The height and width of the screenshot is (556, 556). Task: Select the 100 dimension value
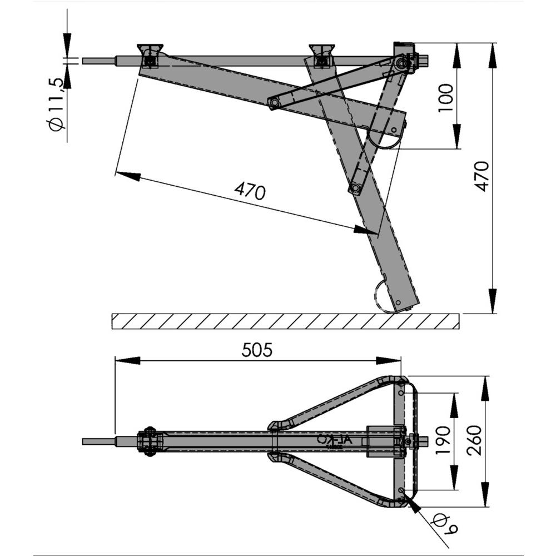pos(446,98)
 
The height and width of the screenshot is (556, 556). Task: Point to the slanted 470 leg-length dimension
pos(250,191)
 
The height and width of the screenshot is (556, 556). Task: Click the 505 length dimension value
pos(257,350)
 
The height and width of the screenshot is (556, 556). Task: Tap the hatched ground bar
pos(285,321)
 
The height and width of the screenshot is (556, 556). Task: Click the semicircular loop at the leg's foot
pos(381,295)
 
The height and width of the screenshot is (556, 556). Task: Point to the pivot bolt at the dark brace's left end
pos(273,103)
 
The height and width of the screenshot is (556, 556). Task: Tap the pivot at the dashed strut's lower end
pos(354,190)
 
